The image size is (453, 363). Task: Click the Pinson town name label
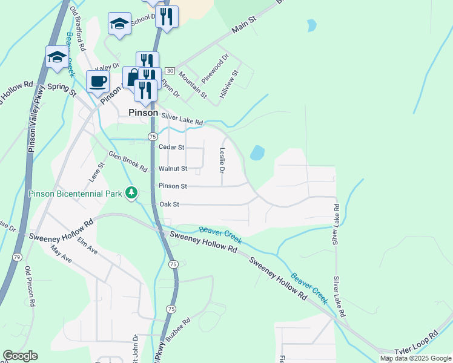143,113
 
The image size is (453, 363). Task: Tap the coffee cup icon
98,81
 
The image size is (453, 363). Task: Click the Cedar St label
170,147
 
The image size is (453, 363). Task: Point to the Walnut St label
173,168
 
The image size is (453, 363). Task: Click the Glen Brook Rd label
128,162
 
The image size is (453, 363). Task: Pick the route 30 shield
169,71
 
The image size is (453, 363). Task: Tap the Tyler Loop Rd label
416,342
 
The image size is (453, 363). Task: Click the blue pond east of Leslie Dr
257,152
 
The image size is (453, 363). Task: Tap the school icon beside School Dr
119,25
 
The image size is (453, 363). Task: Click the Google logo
20,356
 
